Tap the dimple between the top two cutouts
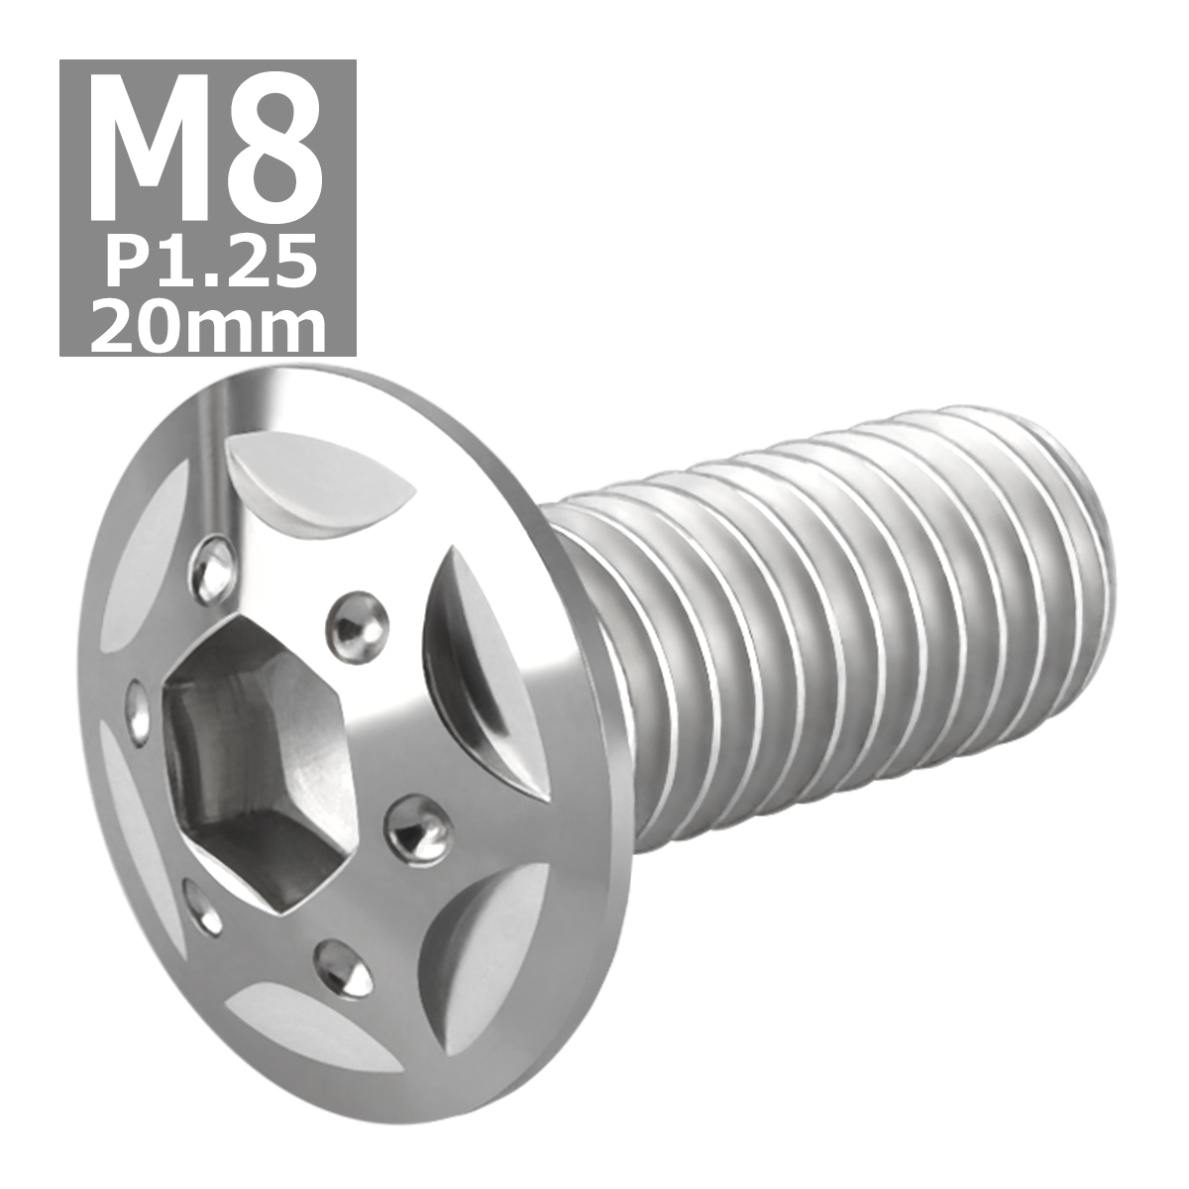[x=355, y=617]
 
